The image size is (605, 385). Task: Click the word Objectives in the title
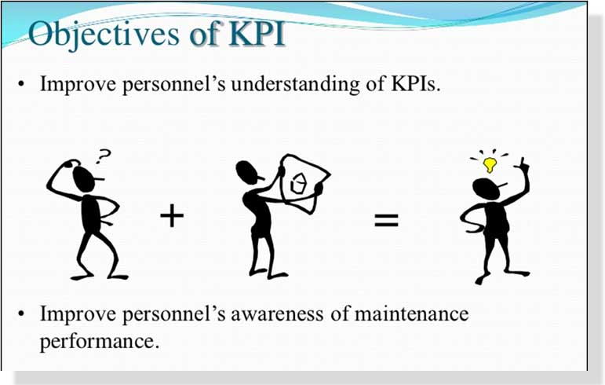(104, 35)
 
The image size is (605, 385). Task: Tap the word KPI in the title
(256, 33)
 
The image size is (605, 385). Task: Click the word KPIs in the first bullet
(415, 83)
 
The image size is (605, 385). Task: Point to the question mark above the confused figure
(103, 156)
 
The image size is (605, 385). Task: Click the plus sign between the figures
(172, 216)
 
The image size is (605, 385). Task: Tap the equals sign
(386, 220)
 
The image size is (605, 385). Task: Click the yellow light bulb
(490, 164)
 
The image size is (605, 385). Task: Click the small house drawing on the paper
(298, 183)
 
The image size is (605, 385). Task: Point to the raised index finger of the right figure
(523, 163)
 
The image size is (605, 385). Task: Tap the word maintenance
(411, 313)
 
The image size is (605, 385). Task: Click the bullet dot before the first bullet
(22, 84)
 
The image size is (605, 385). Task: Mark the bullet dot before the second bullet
(22, 313)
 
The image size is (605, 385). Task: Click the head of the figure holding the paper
(248, 173)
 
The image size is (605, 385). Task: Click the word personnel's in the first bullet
(173, 85)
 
